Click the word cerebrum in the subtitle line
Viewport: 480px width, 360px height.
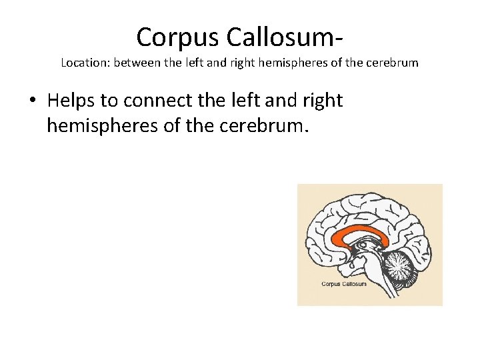395,64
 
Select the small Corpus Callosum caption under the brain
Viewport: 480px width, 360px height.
344,284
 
